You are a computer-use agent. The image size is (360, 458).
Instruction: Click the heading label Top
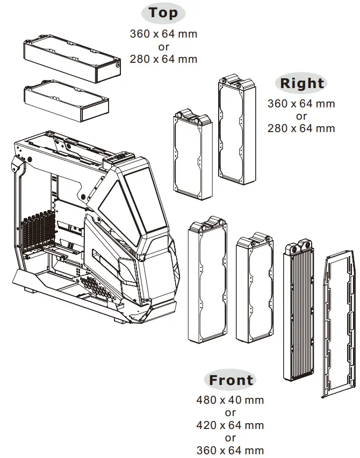[163, 13]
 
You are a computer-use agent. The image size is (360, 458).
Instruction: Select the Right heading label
[302, 83]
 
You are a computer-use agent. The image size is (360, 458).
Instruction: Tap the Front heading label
[231, 380]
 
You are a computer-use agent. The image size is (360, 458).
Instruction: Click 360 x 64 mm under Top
[163, 34]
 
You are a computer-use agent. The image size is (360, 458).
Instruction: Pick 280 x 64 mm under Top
[163, 59]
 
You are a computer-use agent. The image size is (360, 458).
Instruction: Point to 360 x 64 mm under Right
[301, 103]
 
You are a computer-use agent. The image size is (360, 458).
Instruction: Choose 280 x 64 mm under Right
[301, 128]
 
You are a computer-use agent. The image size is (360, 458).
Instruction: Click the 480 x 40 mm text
[230, 400]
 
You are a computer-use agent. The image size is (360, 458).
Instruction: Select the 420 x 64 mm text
[230, 425]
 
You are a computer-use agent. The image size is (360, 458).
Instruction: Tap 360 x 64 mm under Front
[230, 450]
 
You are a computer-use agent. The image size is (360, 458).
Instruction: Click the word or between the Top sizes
[163, 47]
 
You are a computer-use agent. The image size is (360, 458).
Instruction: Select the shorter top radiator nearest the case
[67, 100]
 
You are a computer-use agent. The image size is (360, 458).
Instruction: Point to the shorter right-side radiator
[192, 153]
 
